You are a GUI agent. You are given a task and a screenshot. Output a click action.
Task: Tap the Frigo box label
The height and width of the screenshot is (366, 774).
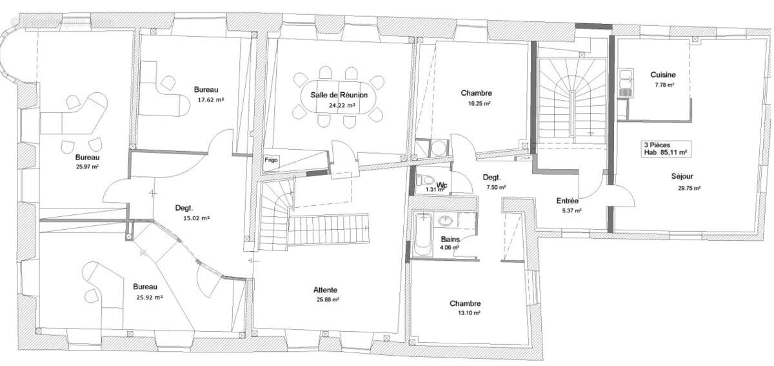270,159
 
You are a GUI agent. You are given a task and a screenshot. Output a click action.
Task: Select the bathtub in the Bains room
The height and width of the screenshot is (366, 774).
423,235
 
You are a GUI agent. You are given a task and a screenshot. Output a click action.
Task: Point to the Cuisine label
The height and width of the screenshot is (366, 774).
662,74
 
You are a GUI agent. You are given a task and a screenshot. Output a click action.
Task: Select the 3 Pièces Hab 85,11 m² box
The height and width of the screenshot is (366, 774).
665,149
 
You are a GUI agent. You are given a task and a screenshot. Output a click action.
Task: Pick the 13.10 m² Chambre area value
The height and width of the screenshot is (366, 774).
465,314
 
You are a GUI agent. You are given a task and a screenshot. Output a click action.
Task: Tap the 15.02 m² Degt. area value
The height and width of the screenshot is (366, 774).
196,218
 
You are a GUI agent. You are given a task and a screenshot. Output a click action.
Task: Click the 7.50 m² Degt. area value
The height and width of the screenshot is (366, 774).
496,188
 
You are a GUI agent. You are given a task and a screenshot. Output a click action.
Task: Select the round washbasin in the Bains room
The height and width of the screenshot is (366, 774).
445,221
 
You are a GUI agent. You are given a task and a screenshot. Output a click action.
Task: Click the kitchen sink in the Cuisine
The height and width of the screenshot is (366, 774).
624,80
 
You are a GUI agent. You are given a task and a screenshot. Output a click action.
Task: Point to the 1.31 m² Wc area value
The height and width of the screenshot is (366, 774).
432,190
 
